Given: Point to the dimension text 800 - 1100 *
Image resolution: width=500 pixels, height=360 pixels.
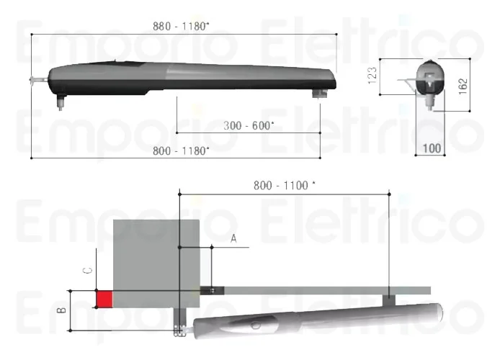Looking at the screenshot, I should click(x=285, y=185).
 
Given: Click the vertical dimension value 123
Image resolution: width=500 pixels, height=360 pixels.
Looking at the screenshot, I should click(x=372, y=76).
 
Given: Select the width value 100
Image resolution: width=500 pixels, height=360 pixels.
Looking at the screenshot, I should click(x=432, y=148).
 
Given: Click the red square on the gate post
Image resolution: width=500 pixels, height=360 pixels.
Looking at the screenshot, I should click(x=104, y=298).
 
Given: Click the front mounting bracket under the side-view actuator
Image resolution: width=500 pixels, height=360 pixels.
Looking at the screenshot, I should click(x=318, y=94).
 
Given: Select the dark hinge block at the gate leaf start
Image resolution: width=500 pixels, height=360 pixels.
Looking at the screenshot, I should click(x=212, y=290).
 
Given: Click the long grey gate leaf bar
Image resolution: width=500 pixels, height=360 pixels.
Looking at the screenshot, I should click(x=324, y=290).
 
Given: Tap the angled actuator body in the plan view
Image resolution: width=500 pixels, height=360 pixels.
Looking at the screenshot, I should click(x=317, y=318).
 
